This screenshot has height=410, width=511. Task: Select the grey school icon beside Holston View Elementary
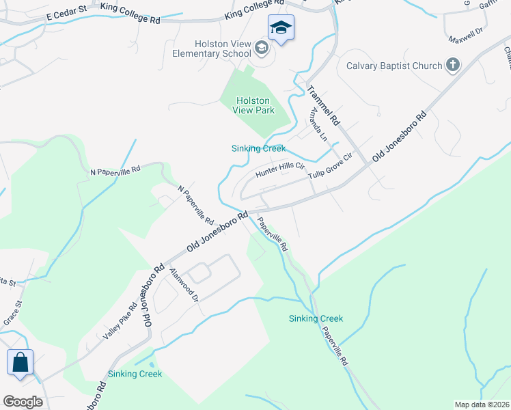click(x=260, y=48)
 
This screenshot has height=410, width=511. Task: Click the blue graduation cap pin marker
click(x=280, y=29)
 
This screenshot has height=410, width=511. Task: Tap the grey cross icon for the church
click(x=452, y=66)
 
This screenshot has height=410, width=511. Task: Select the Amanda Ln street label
click(x=319, y=124)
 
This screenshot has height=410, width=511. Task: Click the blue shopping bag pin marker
click(x=20, y=362)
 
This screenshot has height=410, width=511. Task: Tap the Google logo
click(x=23, y=402)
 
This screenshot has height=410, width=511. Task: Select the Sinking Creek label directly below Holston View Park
click(x=258, y=148)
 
